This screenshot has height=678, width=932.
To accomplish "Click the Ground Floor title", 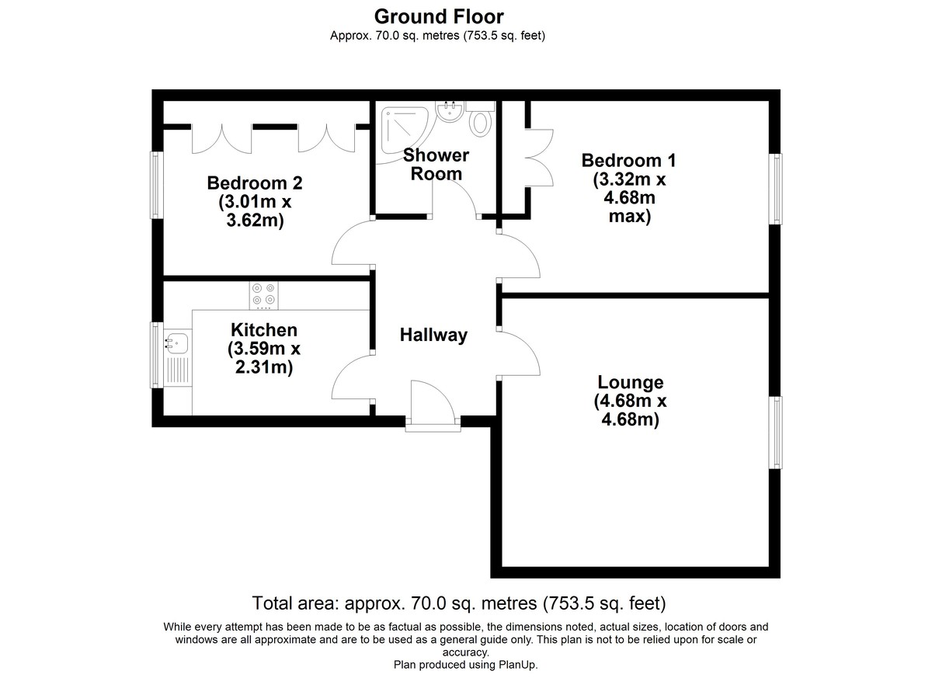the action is click(x=439, y=17).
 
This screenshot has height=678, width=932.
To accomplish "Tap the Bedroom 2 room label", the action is click(x=255, y=202).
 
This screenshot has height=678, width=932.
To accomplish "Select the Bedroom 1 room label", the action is click(x=629, y=188).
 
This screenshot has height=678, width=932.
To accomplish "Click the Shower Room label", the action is click(x=436, y=165).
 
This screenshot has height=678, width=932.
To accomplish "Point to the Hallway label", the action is click(x=433, y=335).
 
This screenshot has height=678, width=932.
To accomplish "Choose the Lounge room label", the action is click(x=631, y=401).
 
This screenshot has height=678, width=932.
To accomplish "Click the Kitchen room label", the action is click(x=264, y=349).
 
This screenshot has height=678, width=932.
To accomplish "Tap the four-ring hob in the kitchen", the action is click(x=264, y=296).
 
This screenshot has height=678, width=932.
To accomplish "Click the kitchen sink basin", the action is click(x=177, y=342).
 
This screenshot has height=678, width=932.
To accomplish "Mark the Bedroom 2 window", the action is click(x=156, y=185).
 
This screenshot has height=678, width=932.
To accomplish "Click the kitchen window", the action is click(x=156, y=355).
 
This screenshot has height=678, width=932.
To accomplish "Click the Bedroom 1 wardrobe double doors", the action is click(x=540, y=157).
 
